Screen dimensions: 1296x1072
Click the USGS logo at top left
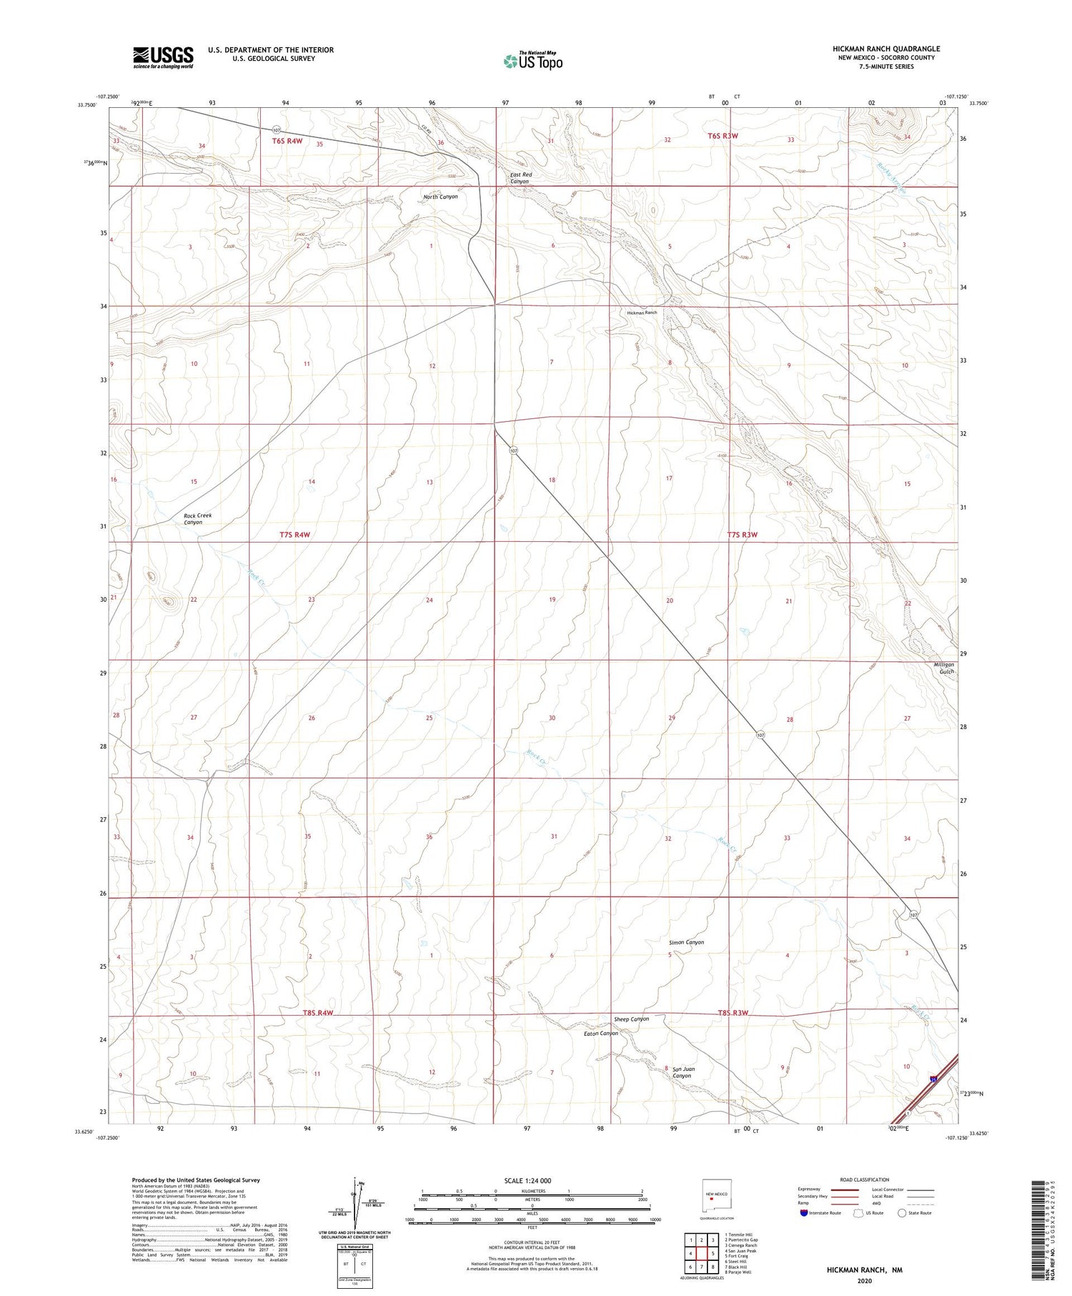click(163, 57)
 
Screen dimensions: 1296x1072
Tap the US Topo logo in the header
click(532, 61)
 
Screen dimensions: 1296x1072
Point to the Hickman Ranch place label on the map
click(641, 312)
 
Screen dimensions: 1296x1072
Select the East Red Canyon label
click(520, 178)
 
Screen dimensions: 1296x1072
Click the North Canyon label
click(440, 197)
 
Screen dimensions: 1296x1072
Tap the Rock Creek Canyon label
click(197, 519)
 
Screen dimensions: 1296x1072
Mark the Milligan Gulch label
click(943, 668)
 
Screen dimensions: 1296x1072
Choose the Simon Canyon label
click(685, 942)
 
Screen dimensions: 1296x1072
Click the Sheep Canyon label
click(631, 1019)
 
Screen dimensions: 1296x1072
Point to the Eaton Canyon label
click(600, 1033)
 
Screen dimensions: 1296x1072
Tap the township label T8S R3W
click(733, 1013)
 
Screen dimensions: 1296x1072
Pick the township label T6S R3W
click(723, 135)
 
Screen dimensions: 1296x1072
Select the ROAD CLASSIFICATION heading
click(865, 1179)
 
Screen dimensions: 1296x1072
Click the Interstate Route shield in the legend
click(803, 1213)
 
